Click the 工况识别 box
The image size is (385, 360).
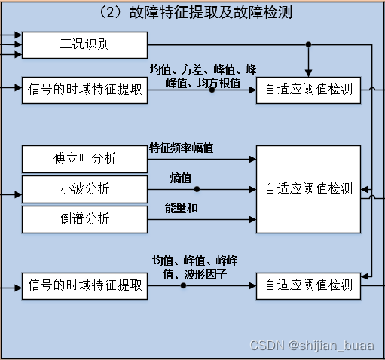click(x=84, y=45)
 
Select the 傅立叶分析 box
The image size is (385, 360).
click(x=84, y=160)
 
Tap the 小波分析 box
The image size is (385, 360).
click(x=84, y=189)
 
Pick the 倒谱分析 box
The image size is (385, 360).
click(x=84, y=218)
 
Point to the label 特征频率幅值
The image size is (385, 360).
click(x=182, y=148)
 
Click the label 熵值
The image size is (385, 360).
click(x=181, y=178)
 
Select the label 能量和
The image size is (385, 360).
click(x=182, y=207)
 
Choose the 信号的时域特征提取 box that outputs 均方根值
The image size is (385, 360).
click(x=84, y=90)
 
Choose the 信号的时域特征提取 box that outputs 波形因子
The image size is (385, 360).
click(x=84, y=285)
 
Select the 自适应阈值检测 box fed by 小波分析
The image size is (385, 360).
click(x=309, y=189)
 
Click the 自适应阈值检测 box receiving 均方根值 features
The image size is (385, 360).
click(x=309, y=90)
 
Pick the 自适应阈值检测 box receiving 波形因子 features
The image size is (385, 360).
click(x=309, y=285)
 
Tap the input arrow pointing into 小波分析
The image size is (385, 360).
click(x=12, y=195)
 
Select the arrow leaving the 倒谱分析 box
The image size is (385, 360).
click(x=200, y=218)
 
